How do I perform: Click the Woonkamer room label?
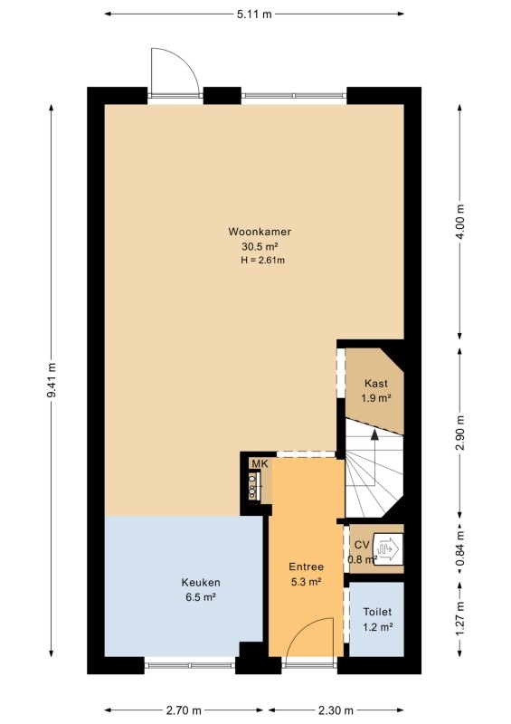tap(260, 232)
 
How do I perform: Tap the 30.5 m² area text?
tap(260, 245)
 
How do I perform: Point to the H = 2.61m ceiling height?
tap(262, 260)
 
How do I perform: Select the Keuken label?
tap(201, 583)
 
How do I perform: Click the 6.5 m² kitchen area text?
tap(201, 597)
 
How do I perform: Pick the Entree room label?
tap(306, 567)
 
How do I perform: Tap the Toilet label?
tap(377, 613)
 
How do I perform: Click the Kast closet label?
tap(375, 383)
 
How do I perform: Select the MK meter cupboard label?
tap(260, 464)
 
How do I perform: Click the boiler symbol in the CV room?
tap(388, 548)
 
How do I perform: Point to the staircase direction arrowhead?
tap(374, 434)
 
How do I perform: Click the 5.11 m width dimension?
tap(254, 14)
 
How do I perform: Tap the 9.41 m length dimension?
tap(52, 379)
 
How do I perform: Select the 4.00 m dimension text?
tap(460, 222)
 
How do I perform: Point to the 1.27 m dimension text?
tap(460, 619)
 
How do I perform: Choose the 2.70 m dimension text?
tap(184, 710)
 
